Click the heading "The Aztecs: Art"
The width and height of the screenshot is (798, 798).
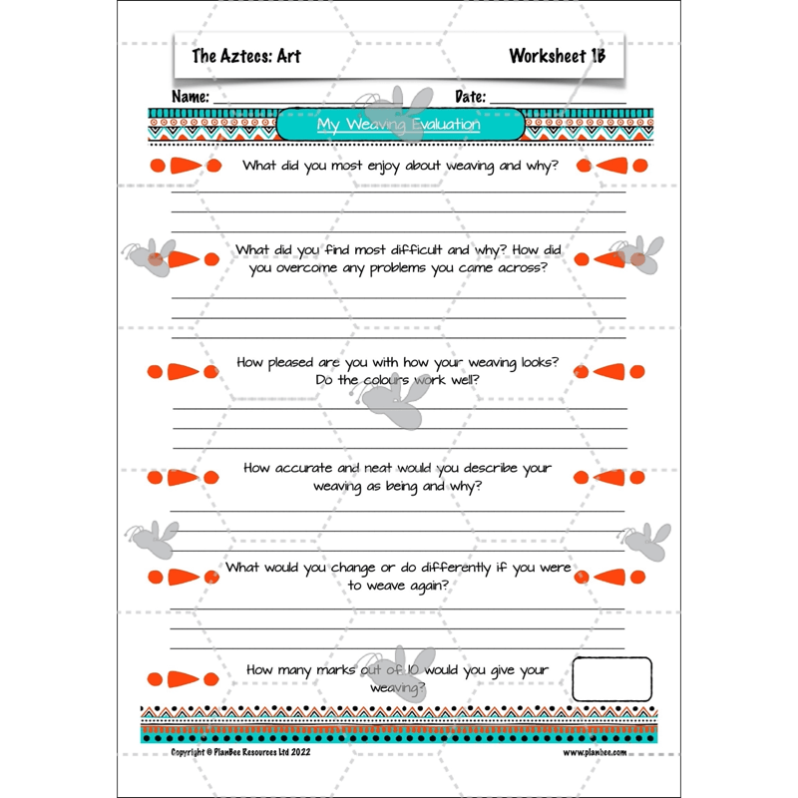[245, 57]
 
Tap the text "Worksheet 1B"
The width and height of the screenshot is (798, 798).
[557, 56]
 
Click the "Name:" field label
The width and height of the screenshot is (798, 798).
[191, 97]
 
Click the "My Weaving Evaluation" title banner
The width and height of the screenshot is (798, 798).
[399, 125]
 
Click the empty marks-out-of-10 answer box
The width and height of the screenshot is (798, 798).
[611, 678]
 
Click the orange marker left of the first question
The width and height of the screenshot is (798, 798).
[184, 166]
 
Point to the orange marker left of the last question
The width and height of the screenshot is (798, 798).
[184, 678]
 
